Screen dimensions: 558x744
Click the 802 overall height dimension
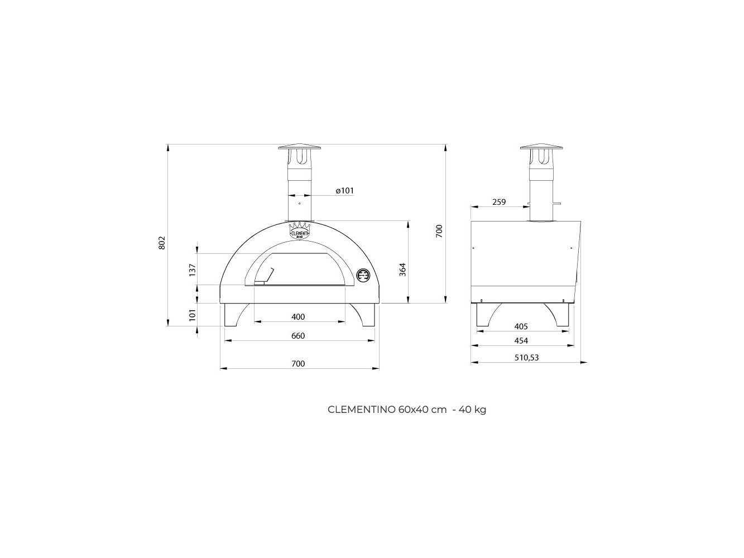click(x=162, y=243)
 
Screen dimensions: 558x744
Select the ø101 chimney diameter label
click(x=344, y=190)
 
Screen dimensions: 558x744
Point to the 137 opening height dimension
click(x=192, y=270)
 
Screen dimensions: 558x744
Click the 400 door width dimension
click(x=298, y=317)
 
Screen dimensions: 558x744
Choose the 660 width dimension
click(x=298, y=336)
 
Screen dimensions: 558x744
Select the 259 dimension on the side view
click(x=499, y=202)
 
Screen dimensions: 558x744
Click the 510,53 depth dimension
click(x=526, y=358)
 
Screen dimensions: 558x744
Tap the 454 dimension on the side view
click(x=521, y=341)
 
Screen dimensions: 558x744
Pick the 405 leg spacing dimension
click(x=521, y=326)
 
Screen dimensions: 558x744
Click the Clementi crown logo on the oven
click(x=300, y=230)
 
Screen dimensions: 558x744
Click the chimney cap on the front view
click(x=300, y=148)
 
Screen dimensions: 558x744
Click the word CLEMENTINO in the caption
click(x=362, y=410)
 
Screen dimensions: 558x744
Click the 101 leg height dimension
click(x=192, y=315)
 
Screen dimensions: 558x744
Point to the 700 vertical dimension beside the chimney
click(x=439, y=231)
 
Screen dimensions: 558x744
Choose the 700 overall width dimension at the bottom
click(x=298, y=364)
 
